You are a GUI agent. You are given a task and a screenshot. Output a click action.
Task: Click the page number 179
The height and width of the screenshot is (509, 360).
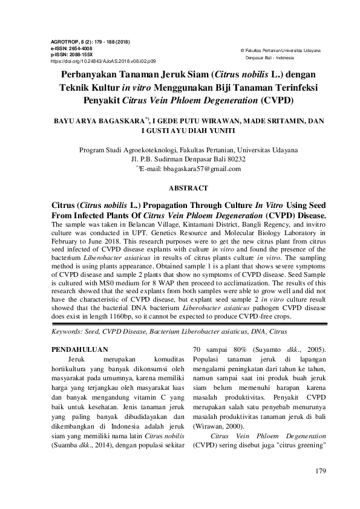(321, 470)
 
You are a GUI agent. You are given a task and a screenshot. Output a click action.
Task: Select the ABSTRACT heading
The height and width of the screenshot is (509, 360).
(180, 188)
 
